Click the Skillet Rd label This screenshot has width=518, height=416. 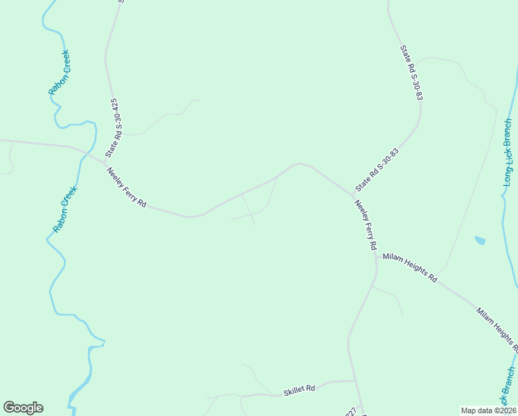(x=299, y=390)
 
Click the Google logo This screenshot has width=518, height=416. (x=23, y=408)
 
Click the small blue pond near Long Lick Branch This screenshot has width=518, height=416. (x=479, y=241)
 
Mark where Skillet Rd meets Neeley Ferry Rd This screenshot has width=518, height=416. (x=354, y=381)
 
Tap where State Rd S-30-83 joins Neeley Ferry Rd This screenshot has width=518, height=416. (x=352, y=195)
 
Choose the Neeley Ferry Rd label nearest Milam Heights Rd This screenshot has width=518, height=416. (x=365, y=225)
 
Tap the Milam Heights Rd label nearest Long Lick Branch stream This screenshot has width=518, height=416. (x=497, y=327)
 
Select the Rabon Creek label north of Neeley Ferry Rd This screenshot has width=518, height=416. (x=59, y=72)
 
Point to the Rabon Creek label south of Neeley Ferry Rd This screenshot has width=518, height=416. (x=63, y=209)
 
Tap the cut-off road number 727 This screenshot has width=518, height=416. (x=350, y=411)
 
